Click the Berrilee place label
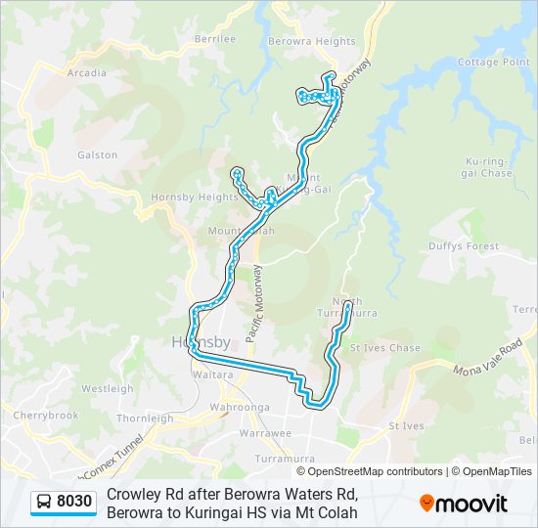215,38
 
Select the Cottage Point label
494,62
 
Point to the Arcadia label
88,72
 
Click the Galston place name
97,154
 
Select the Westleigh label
108,388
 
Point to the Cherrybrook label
46,415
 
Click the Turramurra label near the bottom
282,458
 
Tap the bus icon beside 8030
45,503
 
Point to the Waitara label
213,374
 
